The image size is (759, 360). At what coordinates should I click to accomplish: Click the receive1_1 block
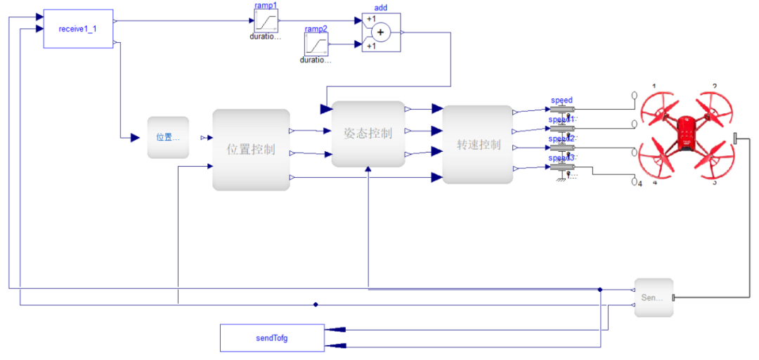[x=78, y=29]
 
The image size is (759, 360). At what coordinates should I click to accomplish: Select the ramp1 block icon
[x=266, y=20]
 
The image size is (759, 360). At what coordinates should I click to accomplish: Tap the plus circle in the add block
[x=381, y=32]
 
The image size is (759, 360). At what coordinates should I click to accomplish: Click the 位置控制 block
[x=251, y=150]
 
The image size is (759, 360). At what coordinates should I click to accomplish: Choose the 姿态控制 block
[x=368, y=134]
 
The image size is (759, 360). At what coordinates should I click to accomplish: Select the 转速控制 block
[x=478, y=145]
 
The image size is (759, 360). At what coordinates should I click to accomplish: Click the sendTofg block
[x=272, y=338]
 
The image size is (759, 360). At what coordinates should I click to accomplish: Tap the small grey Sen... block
[x=653, y=297]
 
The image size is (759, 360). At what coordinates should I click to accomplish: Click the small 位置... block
[x=168, y=137]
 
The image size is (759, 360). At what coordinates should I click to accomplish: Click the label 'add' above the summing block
[x=380, y=8]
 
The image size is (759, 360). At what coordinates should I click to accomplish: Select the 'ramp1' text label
[x=266, y=5]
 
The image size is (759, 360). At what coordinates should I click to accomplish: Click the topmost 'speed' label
[x=562, y=100]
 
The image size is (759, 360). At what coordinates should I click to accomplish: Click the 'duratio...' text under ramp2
[x=316, y=60]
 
